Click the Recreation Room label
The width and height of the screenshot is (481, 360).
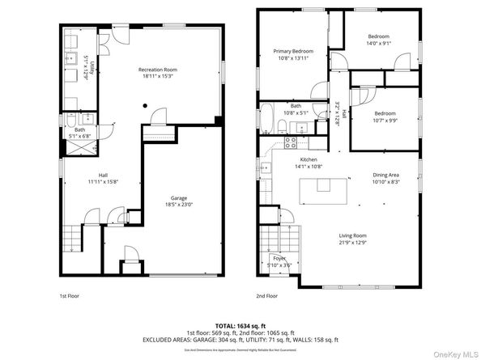coord(158,70)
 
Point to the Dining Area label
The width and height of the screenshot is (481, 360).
coord(385,175)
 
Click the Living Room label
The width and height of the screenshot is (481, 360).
coord(354,235)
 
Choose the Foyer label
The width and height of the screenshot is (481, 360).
coord(279,258)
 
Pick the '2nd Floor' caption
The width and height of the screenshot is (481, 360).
coord(267,296)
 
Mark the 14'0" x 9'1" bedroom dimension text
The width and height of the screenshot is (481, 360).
coord(378,44)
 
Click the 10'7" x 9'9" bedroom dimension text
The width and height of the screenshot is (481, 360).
coord(385,121)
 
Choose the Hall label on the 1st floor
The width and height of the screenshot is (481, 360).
coord(104,175)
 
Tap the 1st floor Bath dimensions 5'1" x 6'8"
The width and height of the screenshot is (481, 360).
coord(80,137)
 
